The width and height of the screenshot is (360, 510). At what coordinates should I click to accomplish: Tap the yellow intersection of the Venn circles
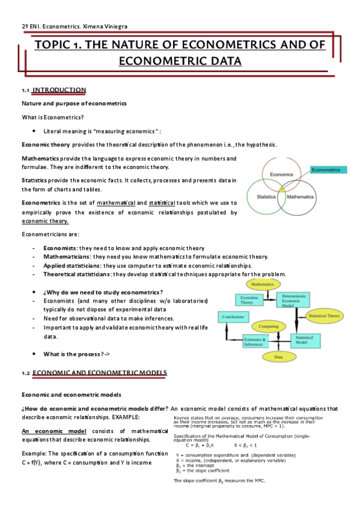click(281, 188)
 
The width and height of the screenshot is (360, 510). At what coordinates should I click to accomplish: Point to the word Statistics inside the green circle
click(266, 197)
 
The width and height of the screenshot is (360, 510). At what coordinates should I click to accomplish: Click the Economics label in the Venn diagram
click(281, 174)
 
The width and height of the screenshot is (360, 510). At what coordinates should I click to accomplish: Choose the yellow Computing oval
click(268, 325)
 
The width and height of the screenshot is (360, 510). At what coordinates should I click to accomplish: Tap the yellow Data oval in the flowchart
click(278, 357)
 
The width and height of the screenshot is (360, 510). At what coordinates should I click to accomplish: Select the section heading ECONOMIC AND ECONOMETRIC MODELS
click(99, 373)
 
